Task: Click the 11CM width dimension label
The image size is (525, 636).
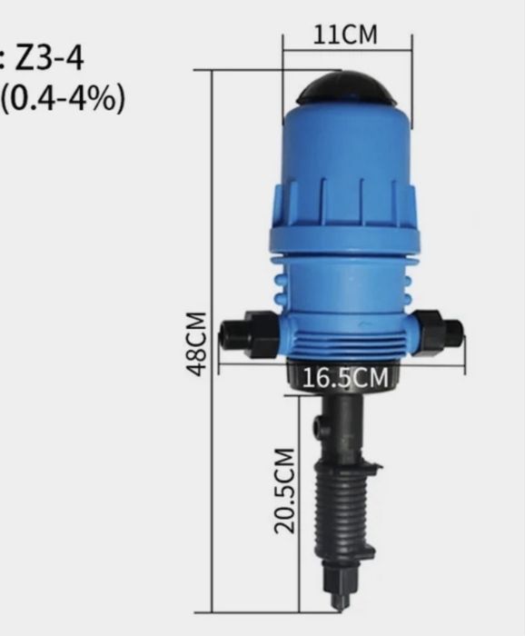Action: [345, 35]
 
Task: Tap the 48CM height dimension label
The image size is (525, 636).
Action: [196, 344]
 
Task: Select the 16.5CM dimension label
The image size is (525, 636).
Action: [345, 378]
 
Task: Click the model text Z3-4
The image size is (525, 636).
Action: [49, 59]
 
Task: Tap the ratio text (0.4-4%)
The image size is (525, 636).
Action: [63, 99]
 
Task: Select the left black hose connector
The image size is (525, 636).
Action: [249, 334]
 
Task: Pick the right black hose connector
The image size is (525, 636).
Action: [438, 333]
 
